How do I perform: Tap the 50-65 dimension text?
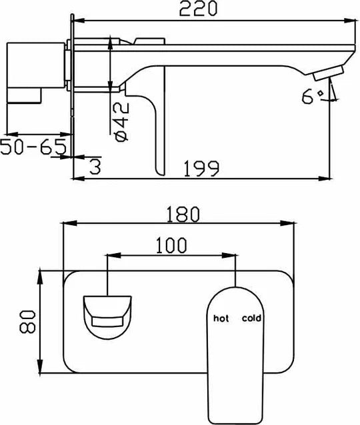click(33, 147)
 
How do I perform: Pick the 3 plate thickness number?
click(95, 167)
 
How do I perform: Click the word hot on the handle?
click(220, 319)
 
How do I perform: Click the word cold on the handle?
click(251, 319)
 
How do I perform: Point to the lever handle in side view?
click(153, 127)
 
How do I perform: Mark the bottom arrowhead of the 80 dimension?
click(43, 374)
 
